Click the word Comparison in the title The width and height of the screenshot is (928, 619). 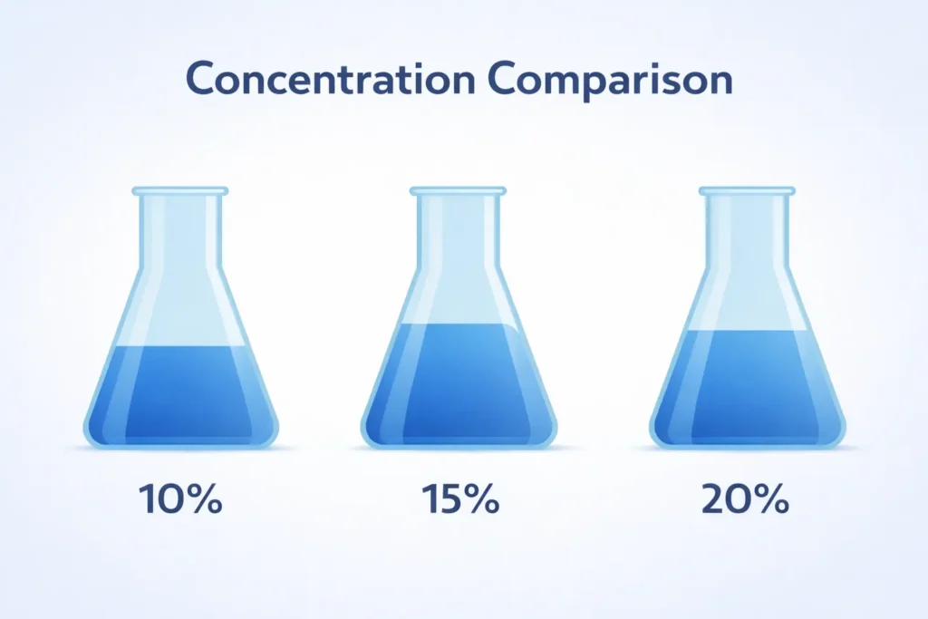tap(609, 81)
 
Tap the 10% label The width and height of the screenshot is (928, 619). tap(180, 499)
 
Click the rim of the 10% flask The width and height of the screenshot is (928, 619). tap(180, 191)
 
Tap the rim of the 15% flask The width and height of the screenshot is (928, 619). tap(458, 191)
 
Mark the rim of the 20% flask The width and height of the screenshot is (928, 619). tap(747, 191)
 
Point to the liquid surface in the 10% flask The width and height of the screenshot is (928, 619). tap(180, 347)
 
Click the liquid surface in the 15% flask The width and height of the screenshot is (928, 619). tap(458, 324)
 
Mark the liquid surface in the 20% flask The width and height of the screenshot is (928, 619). tap(747, 332)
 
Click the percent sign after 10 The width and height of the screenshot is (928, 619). tap(205, 499)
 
